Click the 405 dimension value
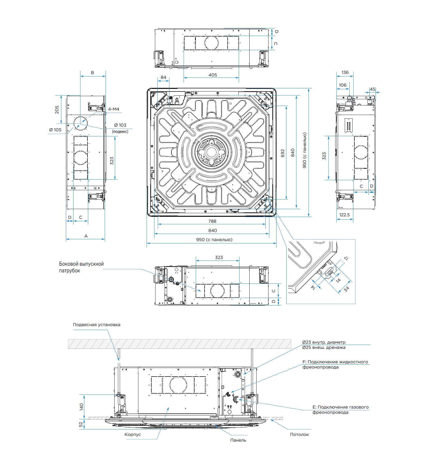[x=213, y=75]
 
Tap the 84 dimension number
[x=163, y=77]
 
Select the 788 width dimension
[x=212, y=221]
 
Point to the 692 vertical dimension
[x=283, y=153]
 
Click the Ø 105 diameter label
[x=55, y=130]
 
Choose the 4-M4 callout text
[x=114, y=109]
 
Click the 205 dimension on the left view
[x=57, y=110]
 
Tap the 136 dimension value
[x=345, y=72]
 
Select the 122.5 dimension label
[x=344, y=215]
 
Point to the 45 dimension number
[x=372, y=89]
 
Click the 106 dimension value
[x=342, y=85]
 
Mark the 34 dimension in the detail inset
[x=347, y=289]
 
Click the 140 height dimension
[x=82, y=407]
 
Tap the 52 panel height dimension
[x=81, y=424]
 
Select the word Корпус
[x=133, y=434]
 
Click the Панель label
[x=238, y=440]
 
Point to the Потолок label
[x=299, y=434]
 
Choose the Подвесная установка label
[x=96, y=325]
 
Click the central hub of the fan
[x=211, y=152]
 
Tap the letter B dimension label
[x=92, y=73]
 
